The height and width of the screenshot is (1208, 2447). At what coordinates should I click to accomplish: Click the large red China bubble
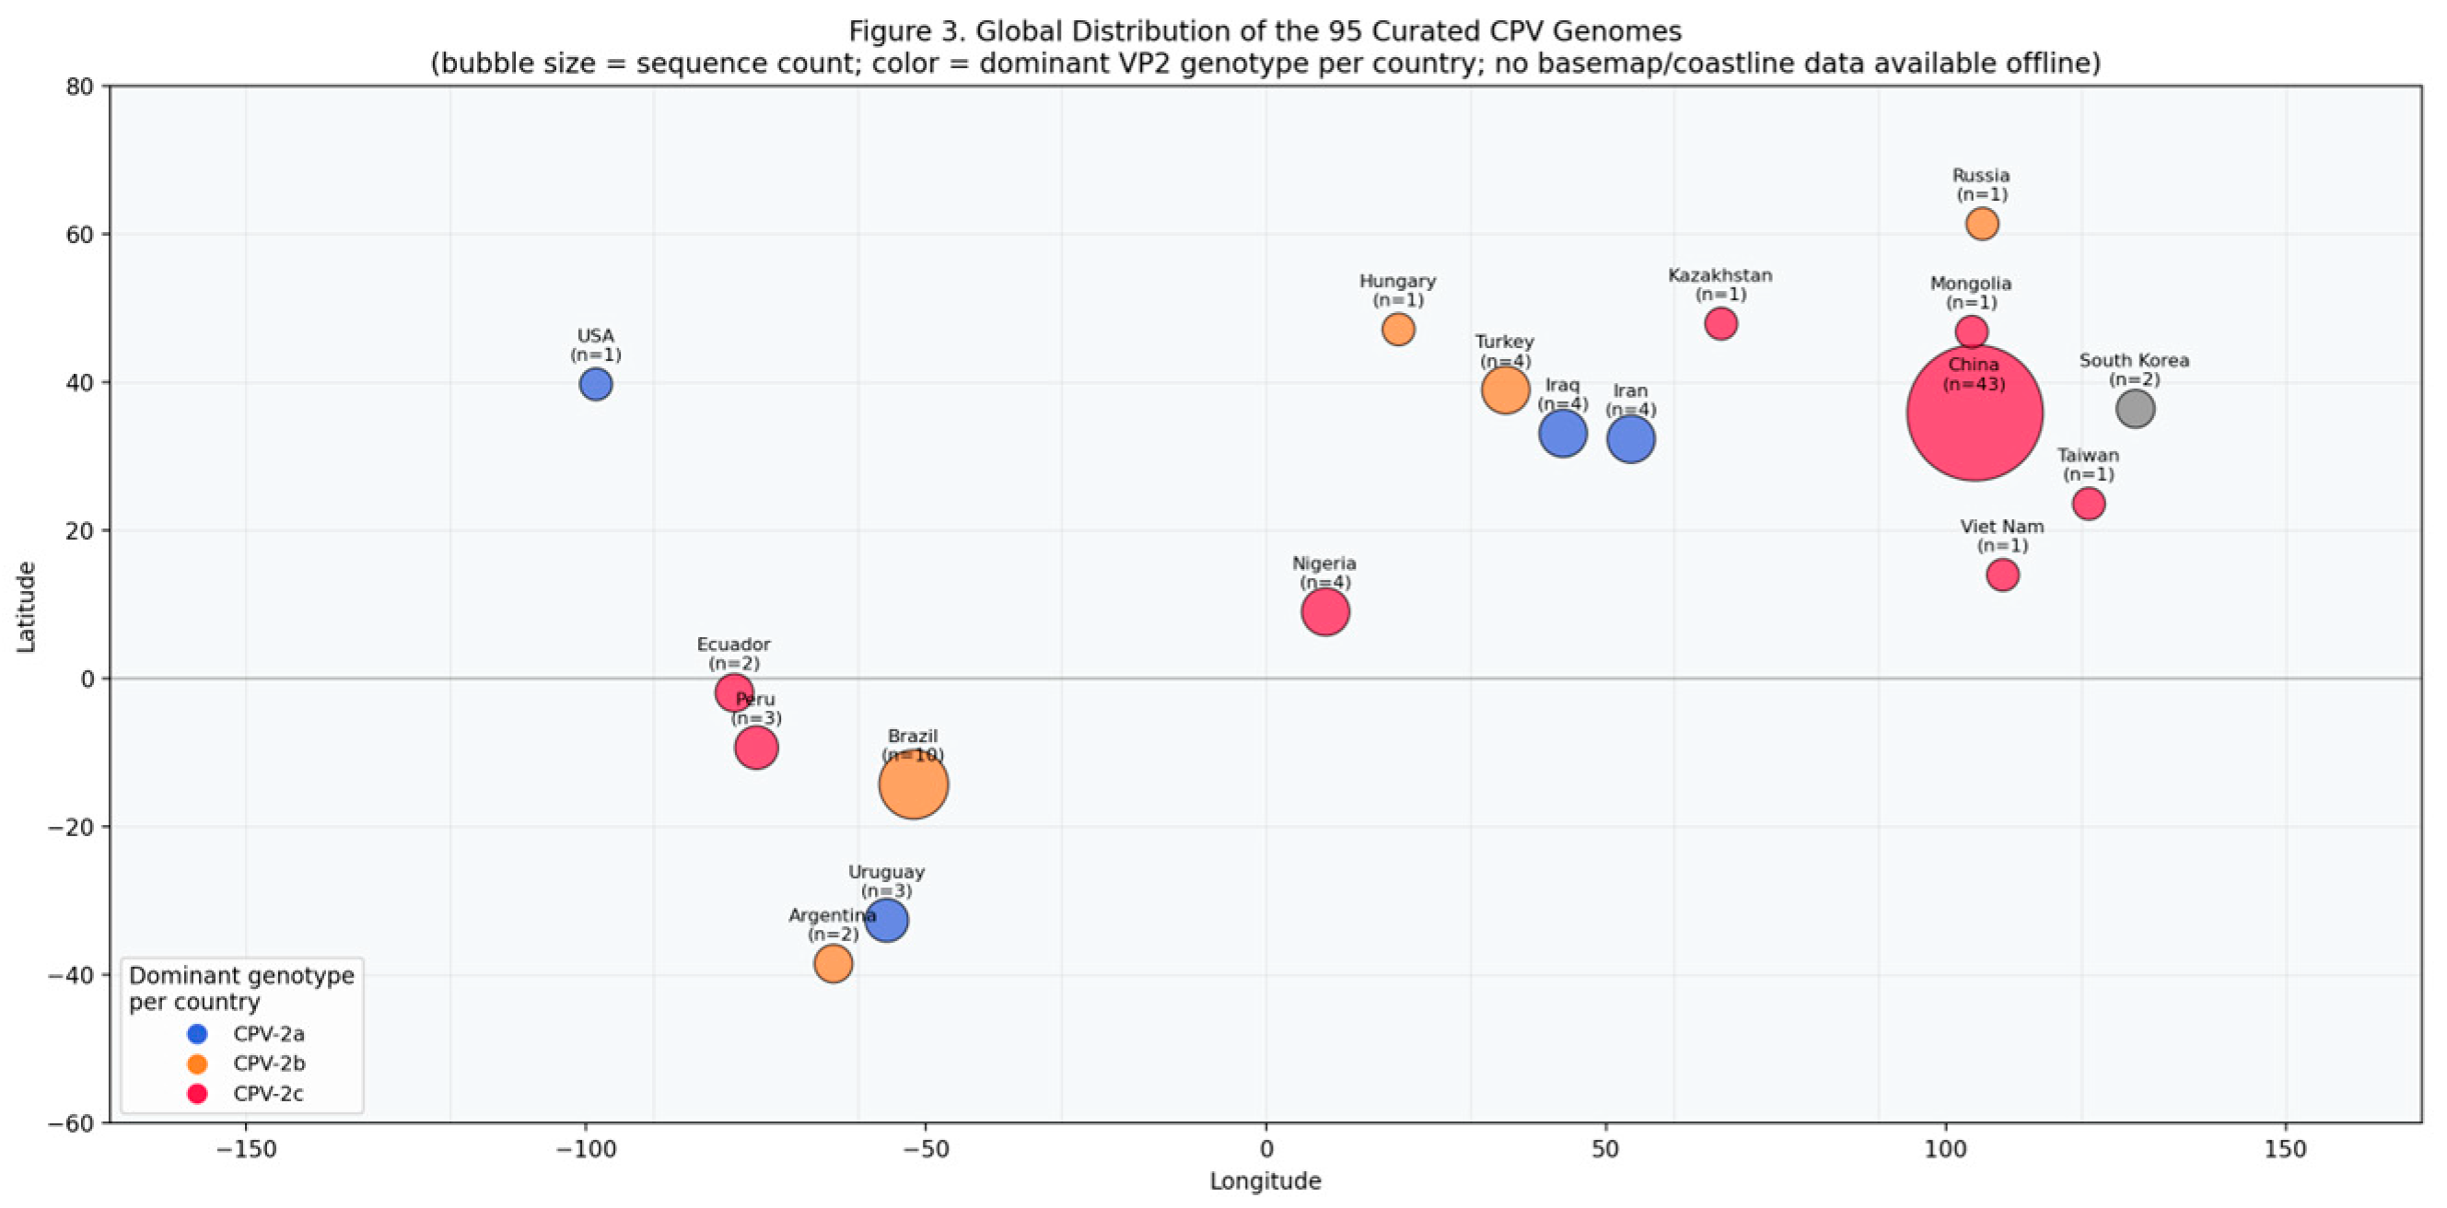(1974, 413)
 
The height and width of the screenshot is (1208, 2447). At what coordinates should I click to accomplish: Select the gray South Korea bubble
(2135, 410)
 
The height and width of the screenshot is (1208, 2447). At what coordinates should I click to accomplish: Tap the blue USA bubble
(596, 385)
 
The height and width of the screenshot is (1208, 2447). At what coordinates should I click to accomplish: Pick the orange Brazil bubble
(913, 784)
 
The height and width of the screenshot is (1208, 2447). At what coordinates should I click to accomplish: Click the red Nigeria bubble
(1325, 611)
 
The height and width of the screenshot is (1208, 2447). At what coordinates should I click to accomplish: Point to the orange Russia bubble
(1982, 224)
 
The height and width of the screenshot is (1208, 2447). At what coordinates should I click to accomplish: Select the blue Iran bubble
(1630, 440)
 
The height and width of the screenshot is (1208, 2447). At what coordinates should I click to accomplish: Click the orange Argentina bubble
(833, 964)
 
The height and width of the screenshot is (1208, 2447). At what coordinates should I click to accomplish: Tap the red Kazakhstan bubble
(1720, 324)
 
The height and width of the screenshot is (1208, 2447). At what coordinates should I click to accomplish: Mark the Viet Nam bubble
(2002, 575)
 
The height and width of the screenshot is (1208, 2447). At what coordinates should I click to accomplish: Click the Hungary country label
(1397, 281)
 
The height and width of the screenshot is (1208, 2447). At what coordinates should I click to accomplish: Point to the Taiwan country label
(2088, 456)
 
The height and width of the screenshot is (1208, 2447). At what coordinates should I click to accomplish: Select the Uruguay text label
(886, 872)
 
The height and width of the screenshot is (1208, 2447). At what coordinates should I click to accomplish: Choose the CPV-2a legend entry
(247, 1034)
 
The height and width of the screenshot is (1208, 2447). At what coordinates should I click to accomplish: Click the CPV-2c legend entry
(247, 1094)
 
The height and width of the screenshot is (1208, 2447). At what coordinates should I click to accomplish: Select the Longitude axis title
(1265, 1181)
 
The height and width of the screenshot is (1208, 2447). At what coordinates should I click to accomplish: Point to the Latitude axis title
(26, 607)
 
